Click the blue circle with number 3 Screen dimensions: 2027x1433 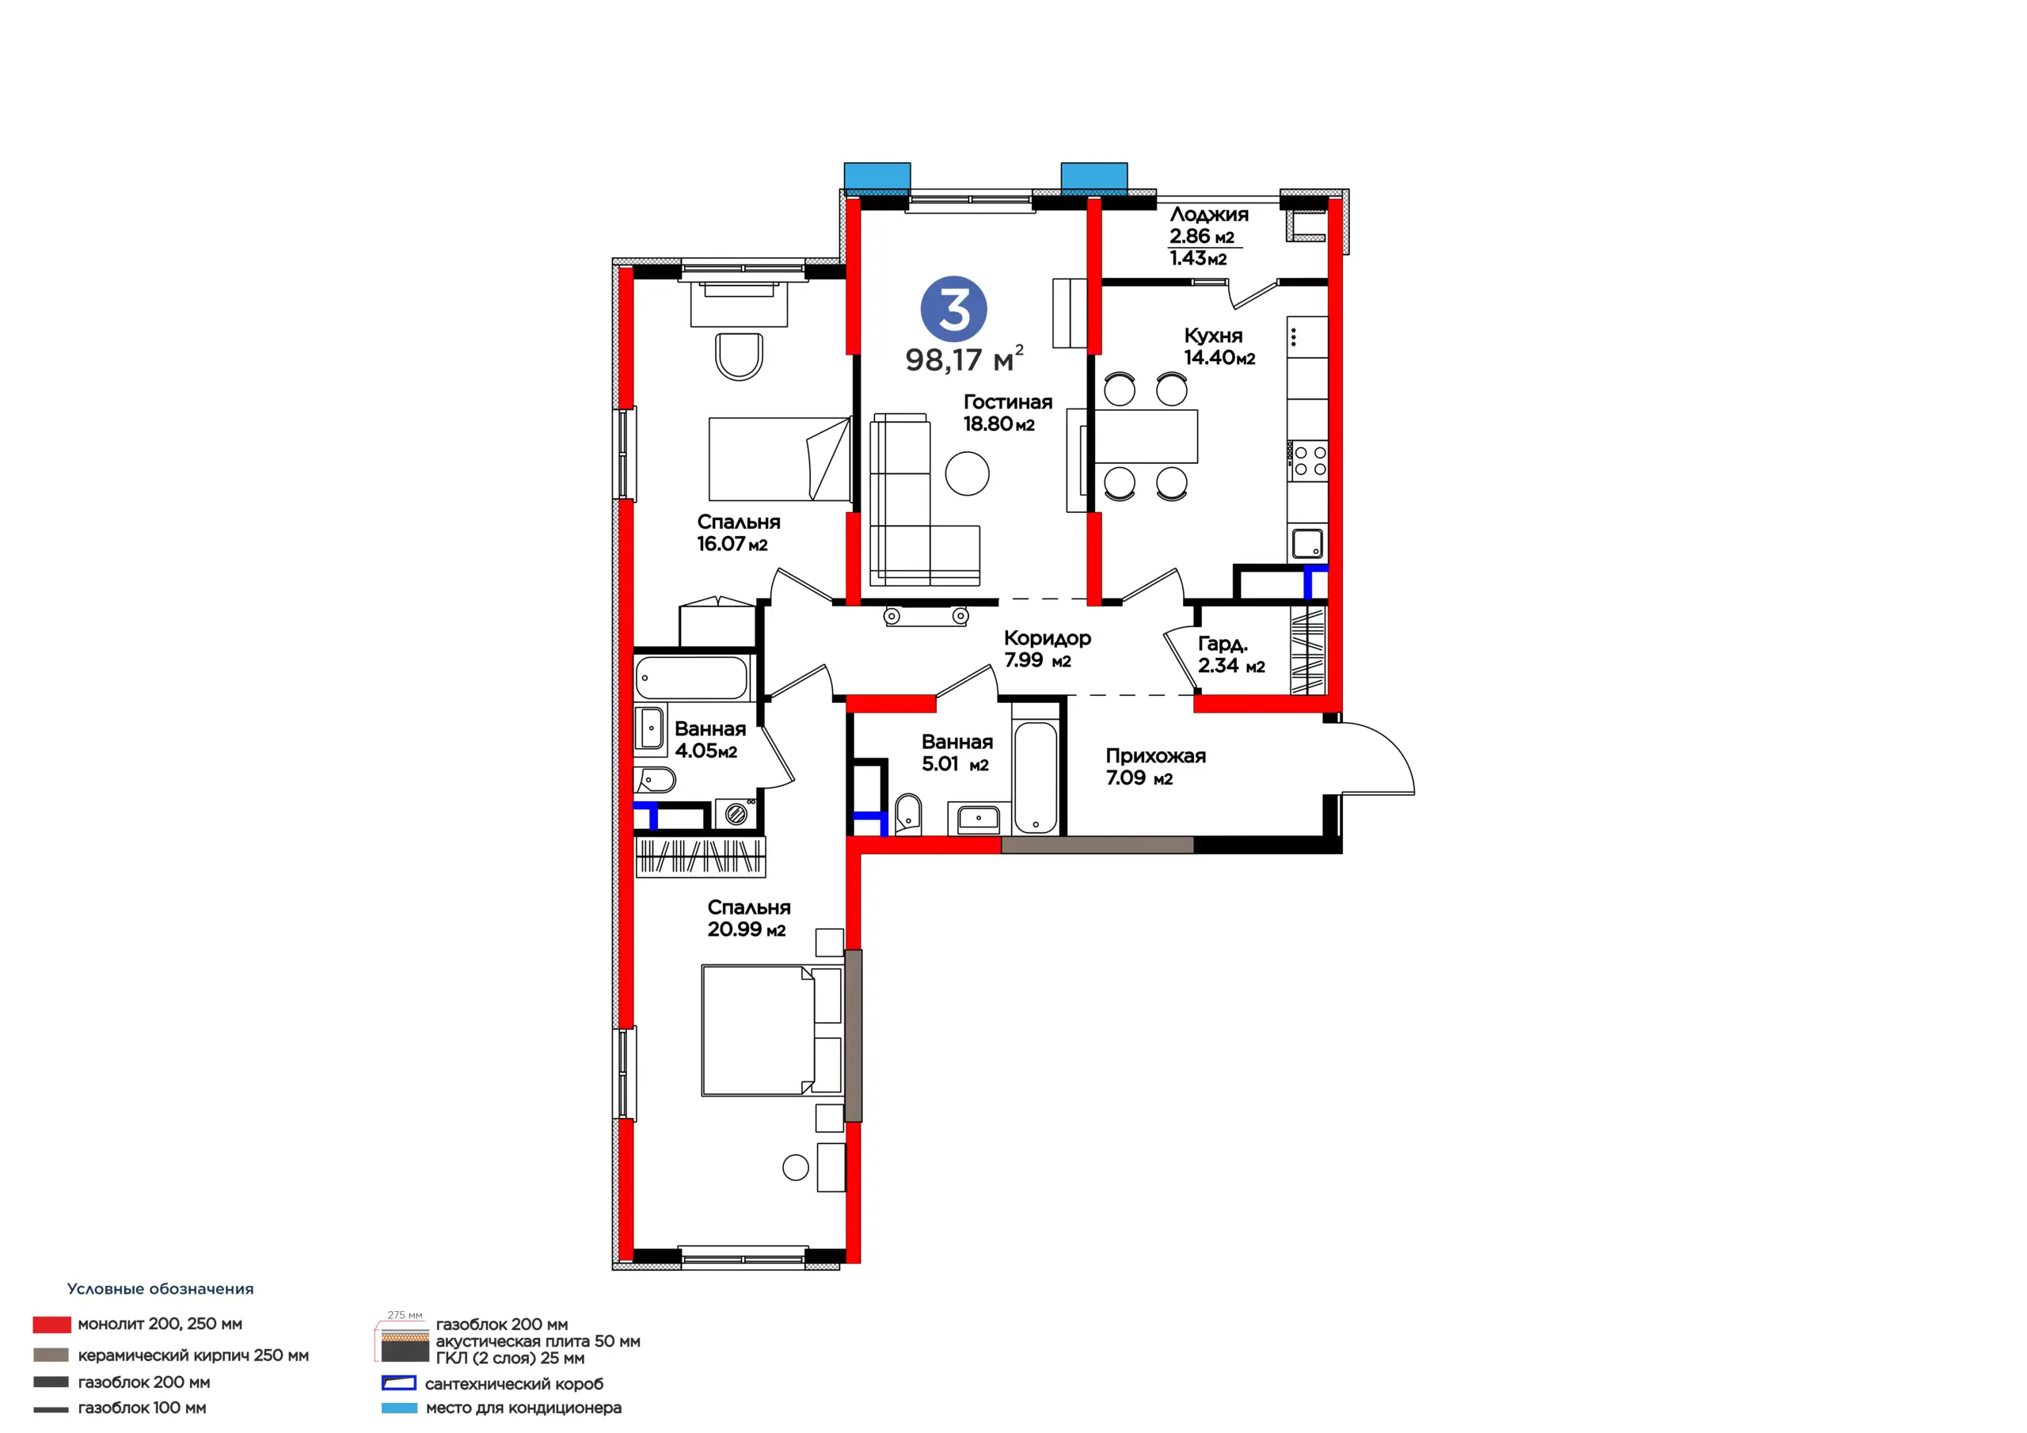click(953, 309)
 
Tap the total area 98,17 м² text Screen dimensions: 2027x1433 click(964, 359)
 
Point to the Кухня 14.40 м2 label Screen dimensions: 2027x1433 click(1219, 346)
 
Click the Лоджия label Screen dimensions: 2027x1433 click(1208, 215)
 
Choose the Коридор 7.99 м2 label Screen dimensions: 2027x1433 click(1047, 649)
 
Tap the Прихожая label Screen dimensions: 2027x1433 click(1156, 756)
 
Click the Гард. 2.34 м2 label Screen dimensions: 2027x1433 click(1231, 654)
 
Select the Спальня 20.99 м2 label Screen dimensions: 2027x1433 click(749, 918)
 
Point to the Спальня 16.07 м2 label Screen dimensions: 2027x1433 click(738, 532)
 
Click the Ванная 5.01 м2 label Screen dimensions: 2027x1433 click(957, 753)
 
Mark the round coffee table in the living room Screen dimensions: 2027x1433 click(967, 473)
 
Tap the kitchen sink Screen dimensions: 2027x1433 click(1307, 543)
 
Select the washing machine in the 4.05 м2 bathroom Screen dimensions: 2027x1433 click(736, 813)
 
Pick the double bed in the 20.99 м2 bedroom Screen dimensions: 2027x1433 click(771, 1030)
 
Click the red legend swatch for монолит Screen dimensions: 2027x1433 click(51, 1325)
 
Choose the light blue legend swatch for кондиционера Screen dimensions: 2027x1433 click(399, 1408)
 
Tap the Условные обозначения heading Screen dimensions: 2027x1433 click(160, 1289)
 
